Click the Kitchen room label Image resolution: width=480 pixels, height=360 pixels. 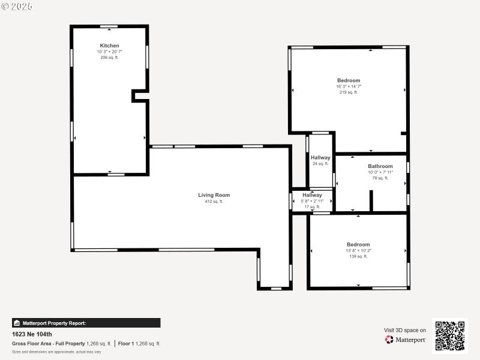pos(109,46)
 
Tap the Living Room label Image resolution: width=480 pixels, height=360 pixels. pos(214,195)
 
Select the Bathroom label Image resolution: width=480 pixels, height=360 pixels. pos(380,166)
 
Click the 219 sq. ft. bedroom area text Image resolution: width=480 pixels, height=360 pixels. pos(349,92)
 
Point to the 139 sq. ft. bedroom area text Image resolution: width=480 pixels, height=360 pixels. pos(358,256)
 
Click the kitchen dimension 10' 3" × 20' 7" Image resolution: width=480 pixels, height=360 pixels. pos(109,52)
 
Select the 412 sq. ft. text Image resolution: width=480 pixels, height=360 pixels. pos(214,202)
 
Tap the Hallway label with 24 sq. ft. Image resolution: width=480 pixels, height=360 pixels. pos(320,158)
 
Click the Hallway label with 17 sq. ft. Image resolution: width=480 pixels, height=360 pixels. pos(312,195)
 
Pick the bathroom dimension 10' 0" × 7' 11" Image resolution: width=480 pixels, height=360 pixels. pos(380,172)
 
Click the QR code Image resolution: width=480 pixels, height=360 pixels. pos(450,335)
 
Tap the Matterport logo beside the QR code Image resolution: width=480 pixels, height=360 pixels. pos(406,340)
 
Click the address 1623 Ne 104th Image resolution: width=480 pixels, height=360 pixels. pos(32,334)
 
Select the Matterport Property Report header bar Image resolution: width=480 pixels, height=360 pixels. pos(86,323)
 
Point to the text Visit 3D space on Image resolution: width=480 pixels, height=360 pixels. pos(405,330)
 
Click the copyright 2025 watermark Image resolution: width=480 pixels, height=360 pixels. pos(17,6)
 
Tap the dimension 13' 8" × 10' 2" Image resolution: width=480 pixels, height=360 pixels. pos(358,250)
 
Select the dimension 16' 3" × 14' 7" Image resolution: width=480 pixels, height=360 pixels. pos(349,86)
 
